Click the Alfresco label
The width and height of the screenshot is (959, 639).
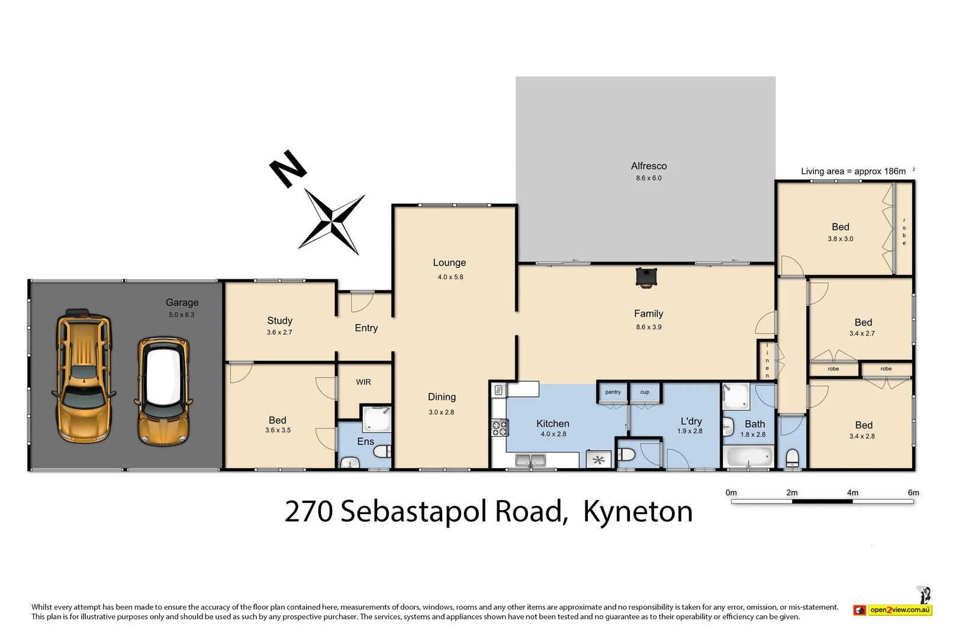(x=648, y=166)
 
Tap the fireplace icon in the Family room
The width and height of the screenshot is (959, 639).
(x=645, y=277)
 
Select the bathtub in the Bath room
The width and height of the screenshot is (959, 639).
(x=749, y=457)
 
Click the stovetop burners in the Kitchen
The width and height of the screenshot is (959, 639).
(x=500, y=428)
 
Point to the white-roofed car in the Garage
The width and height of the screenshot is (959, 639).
(x=163, y=391)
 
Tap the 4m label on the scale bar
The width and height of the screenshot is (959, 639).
(x=852, y=492)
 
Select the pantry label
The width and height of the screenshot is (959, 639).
(x=613, y=392)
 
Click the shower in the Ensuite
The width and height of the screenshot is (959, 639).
(x=376, y=418)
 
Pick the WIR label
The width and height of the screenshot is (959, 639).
(x=363, y=382)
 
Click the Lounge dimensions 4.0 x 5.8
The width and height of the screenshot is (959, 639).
(x=450, y=277)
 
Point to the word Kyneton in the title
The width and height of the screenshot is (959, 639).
(x=638, y=512)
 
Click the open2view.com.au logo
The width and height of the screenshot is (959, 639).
(x=893, y=609)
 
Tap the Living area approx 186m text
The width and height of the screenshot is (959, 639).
(x=853, y=172)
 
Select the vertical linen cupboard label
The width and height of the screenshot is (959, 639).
(x=767, y=360)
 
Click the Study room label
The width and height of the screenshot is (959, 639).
(x=279, y=321)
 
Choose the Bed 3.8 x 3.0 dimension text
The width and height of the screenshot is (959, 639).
(x=840, y=239)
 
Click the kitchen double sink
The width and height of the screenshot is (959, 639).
(x=530, y=460)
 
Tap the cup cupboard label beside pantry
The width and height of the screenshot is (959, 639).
(x=645, y=392)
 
